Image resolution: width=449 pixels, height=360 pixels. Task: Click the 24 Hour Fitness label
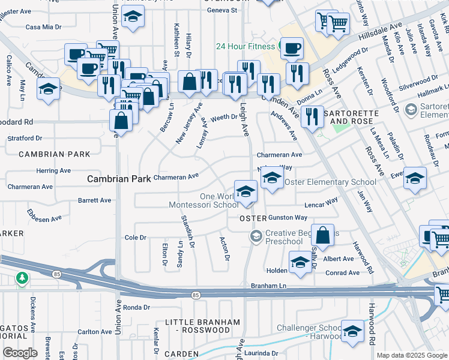tap(246, 46)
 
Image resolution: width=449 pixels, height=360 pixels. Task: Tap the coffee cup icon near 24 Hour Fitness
tap(292, 49)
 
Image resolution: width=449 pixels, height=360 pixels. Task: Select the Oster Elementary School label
tap(330, 182)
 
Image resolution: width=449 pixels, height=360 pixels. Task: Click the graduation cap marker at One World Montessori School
tap(245, 191)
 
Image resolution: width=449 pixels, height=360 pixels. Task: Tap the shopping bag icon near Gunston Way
tap(322, 236)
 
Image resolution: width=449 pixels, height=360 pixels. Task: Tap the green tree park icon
tap(22, 278)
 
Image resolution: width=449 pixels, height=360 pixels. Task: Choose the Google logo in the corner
tap(20, 353)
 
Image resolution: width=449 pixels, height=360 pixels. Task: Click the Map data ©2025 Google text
tap(412, 355)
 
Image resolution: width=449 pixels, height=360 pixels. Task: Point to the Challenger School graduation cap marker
tap(352, 331)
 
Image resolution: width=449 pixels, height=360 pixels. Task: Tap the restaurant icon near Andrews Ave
tap(312, 115)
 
